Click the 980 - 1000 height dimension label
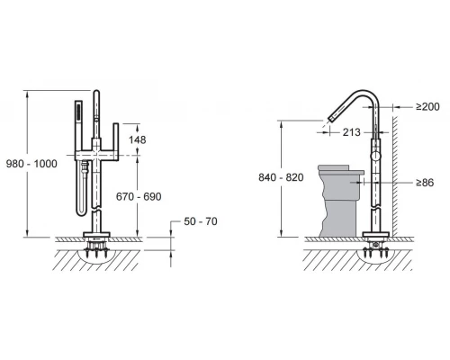(31, 164)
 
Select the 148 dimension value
(137, 139)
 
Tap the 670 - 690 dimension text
(139, 196)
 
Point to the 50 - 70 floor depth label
(201, 221)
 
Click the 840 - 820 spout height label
(281, 177)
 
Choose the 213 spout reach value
(352, 132)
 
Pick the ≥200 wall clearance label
(427, 106)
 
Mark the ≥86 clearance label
(425, 183)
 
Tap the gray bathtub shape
(340, 201)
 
